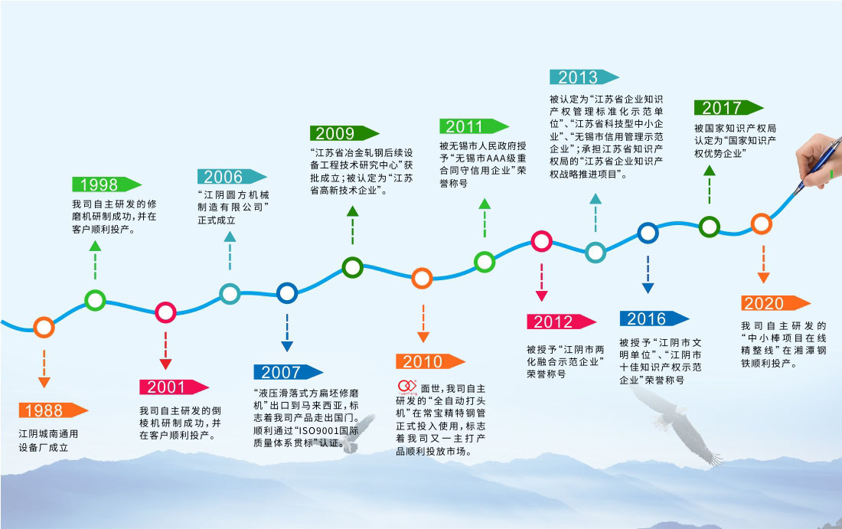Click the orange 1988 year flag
click(53, 410)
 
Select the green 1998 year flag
click(106, 184)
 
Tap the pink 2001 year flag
click(174, 387)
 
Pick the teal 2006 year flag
click(231, 177)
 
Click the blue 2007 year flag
click(289, 371)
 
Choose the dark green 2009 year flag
click(344, 133)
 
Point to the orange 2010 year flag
click(430, 361)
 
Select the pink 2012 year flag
click(561, 322)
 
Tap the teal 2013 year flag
click(584, 77)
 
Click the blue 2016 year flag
click(654, 318)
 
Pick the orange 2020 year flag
click(775, 303)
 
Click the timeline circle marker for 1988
click(44, 327)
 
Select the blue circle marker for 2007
click(287, 293)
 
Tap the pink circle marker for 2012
click(541, 241)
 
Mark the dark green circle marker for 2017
click(710, 227)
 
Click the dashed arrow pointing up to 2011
click(485, 218)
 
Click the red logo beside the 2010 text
click(407, 387)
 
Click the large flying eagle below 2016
click(676, 424)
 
